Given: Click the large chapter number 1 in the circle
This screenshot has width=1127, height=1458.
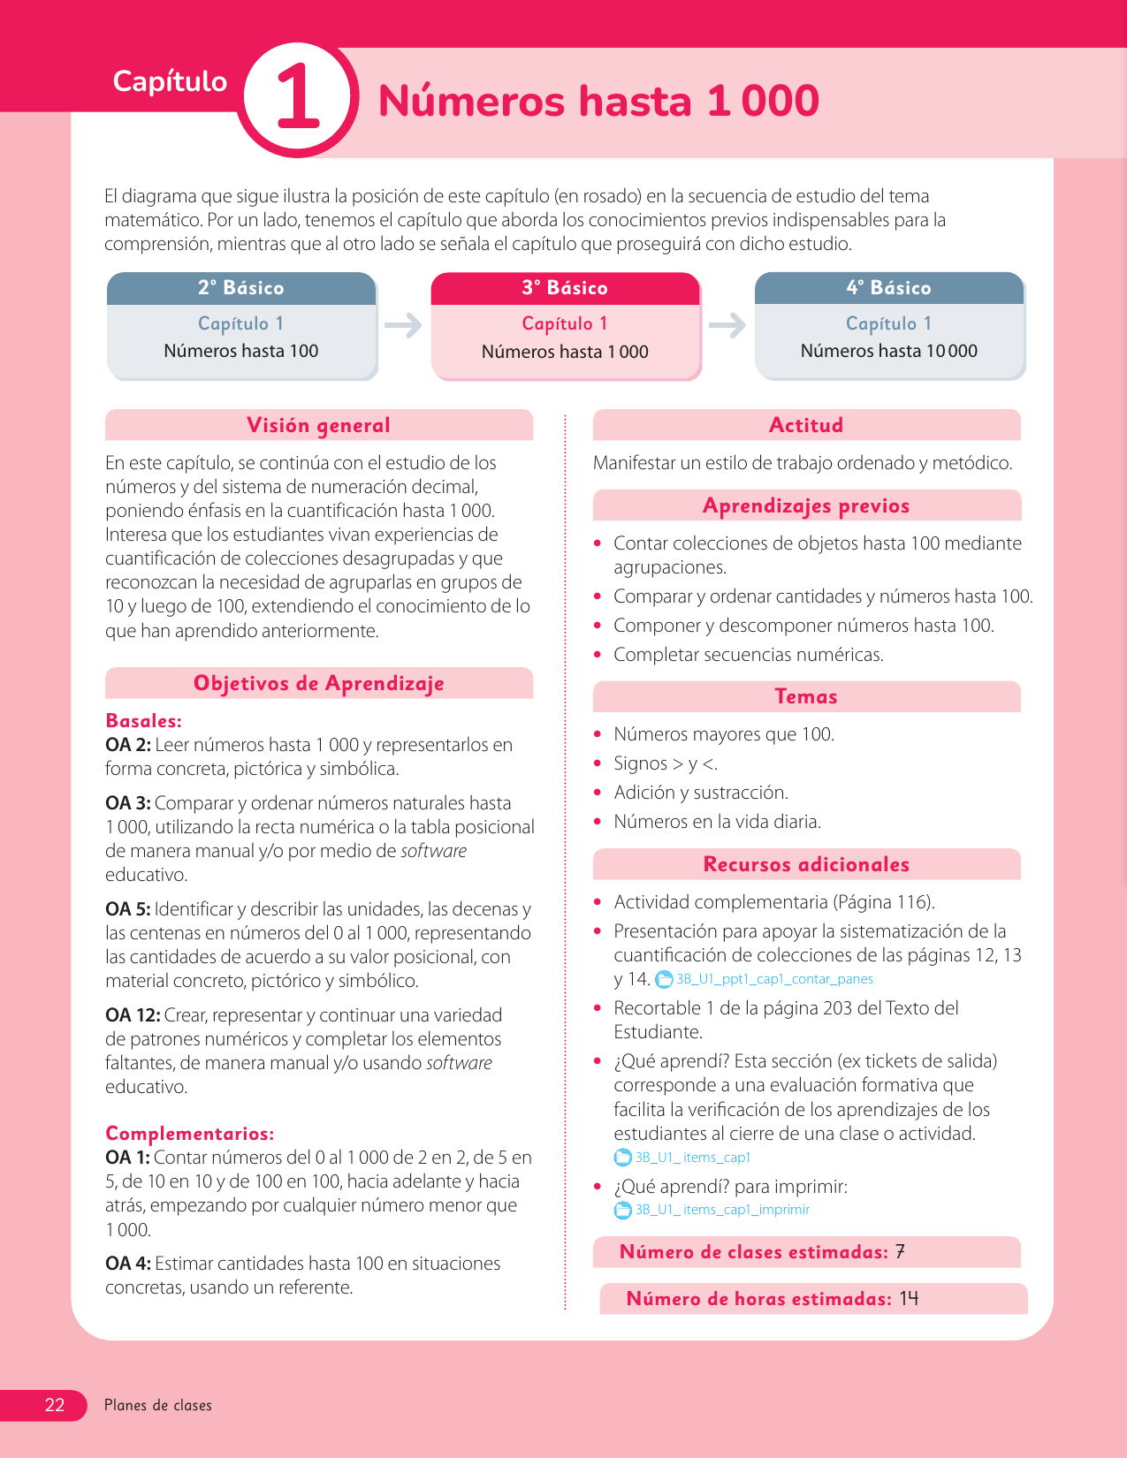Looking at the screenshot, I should pos(298,99).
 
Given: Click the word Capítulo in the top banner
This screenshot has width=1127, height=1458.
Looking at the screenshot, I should pos(170,81).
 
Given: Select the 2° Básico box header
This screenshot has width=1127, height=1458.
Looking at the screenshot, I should pos(241,288).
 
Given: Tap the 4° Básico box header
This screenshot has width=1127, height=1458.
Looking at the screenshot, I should pos(888,288).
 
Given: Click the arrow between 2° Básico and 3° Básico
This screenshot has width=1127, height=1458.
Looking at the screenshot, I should pos(403,325).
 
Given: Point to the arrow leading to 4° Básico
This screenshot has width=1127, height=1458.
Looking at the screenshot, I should pos(727,325).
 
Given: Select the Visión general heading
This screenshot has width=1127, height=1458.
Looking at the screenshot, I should pos(318,425).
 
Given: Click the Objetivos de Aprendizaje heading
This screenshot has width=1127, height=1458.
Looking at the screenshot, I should pos(318,683).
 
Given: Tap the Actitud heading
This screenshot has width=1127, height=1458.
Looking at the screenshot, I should pos(806,425).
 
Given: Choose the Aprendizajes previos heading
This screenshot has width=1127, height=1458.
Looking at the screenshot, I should pos(806,505).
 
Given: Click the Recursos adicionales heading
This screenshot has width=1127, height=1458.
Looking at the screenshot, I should pos(806,864).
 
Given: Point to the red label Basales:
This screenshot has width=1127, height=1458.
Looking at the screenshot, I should pos(143,720).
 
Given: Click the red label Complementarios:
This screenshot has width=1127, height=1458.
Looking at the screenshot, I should pos(189,1133).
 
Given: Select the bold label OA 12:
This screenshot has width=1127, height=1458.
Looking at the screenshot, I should pos(133,1015).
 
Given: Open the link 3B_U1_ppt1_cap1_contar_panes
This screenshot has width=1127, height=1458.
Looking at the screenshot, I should pos(774,979).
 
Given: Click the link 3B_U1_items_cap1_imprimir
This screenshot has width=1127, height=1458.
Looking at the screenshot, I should pos(722,1210).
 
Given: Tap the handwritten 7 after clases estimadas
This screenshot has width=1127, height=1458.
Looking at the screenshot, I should pos(900,1251).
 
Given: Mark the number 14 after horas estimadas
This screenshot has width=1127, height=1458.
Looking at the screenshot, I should pos(910,1298).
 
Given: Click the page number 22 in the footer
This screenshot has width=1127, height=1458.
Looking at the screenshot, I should pos(55,1405).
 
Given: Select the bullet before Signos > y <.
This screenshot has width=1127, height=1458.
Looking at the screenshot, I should pos(598,763).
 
